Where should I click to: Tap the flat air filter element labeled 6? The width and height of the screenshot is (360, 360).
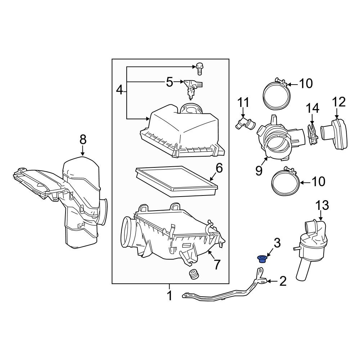176,179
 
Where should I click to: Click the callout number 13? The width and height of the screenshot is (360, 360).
322,206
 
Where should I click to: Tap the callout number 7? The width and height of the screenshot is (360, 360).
216,265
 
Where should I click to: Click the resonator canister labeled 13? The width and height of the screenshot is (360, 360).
310,245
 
